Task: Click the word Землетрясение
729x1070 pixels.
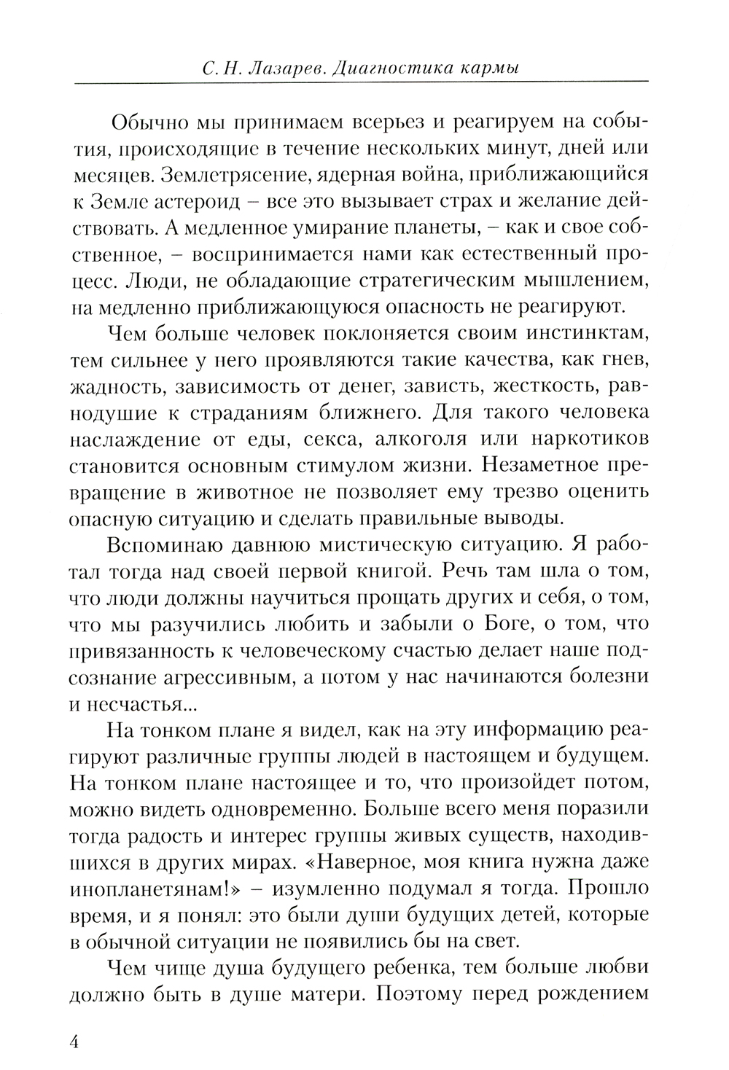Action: (241, 176)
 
